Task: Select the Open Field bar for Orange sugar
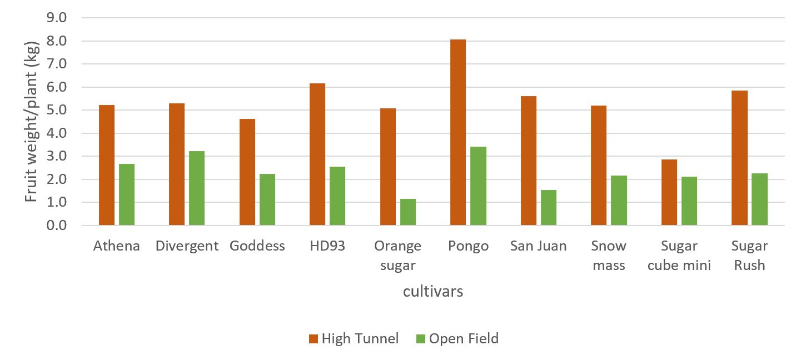(408, 212)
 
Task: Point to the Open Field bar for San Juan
(549, 207)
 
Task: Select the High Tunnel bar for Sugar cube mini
(669, 192)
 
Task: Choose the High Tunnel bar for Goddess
(247, 172)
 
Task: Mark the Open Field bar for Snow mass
(619, 200)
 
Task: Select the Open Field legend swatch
(420, 338)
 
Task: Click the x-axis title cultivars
(433, 291)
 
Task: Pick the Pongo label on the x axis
(468, 246)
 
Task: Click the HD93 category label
(327, 246)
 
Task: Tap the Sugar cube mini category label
(679, 256)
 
